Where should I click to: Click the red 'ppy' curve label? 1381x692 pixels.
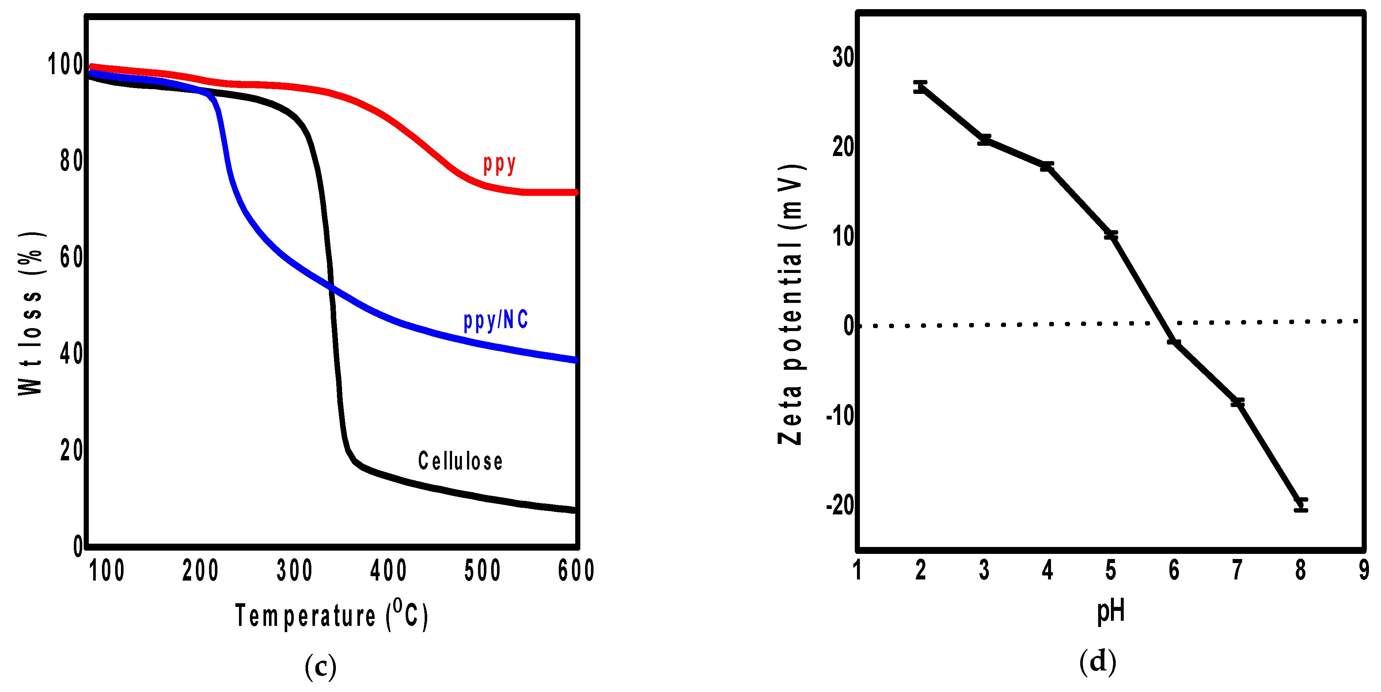[499, 164]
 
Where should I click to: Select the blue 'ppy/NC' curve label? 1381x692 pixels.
[496, 320]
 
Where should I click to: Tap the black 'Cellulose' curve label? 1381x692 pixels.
[460, 461]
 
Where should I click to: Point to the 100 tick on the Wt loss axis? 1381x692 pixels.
[65, 64]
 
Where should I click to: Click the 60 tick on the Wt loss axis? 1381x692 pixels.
[71, 257]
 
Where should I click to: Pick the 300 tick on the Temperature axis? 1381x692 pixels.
[294, 570]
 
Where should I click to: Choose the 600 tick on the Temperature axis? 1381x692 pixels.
[576, 570]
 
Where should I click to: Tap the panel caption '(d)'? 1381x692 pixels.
[1097, 661]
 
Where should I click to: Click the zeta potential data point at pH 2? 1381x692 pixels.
[920, 87]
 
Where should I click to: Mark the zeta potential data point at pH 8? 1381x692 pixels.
[1301, 505]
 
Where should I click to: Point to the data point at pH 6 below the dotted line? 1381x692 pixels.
[1173, 342]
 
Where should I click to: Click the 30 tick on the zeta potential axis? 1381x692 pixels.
[843, 57]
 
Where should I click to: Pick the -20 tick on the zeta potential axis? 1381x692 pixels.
[839, 505]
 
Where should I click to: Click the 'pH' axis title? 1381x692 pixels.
[1110, 612]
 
